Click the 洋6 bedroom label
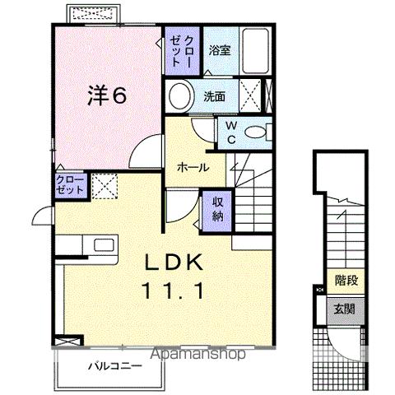[x=107, y=95]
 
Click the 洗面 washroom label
[x=216, y=95]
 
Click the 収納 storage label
[x=218, y=208]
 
